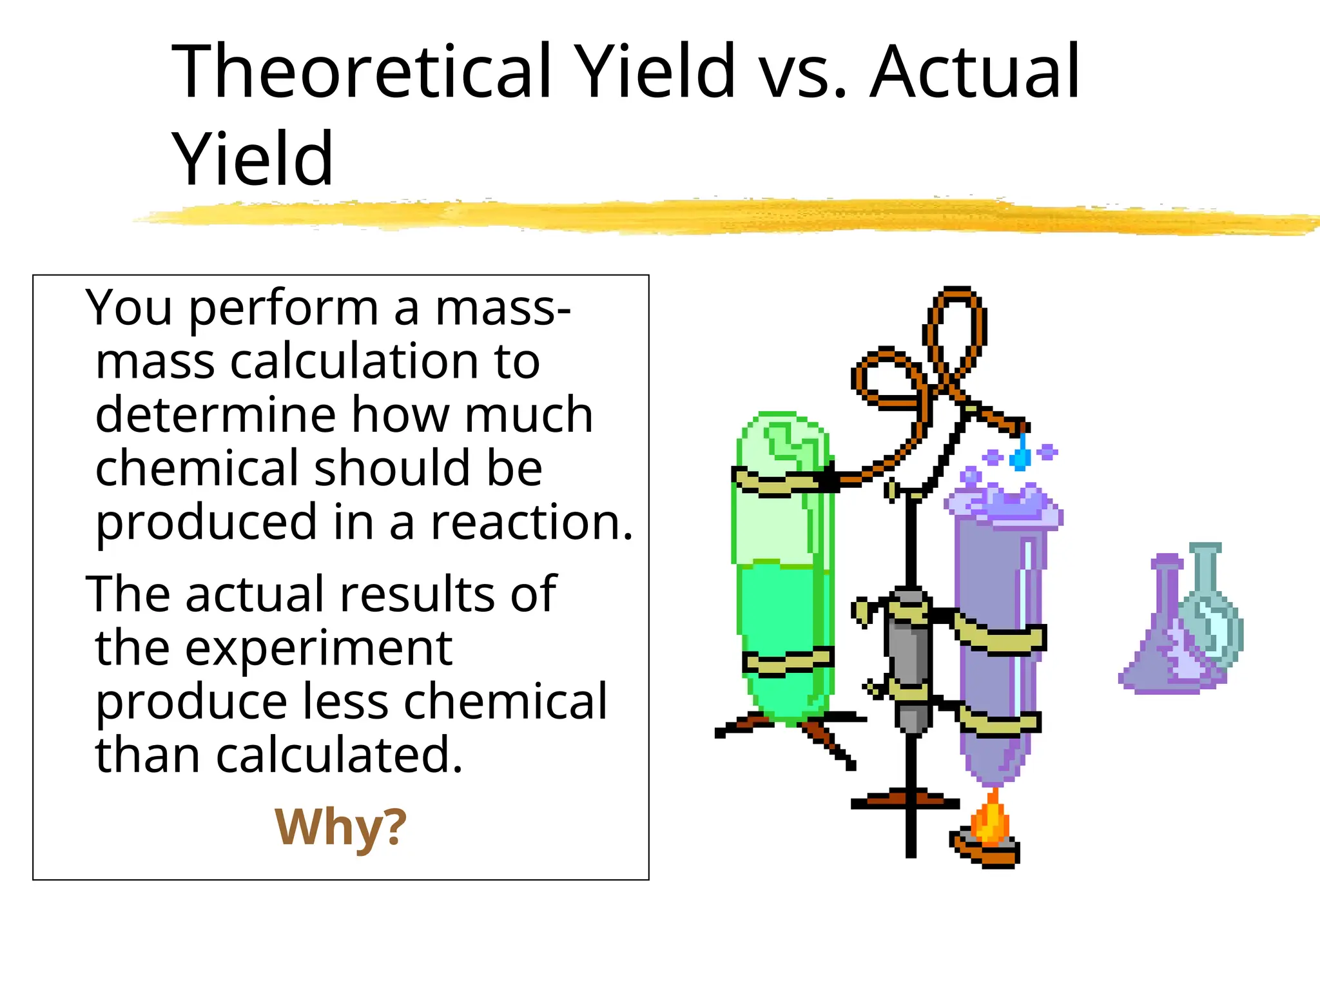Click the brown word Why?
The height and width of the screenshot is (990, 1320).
[340, 827]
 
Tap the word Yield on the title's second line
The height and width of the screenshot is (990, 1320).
[253, 159]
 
